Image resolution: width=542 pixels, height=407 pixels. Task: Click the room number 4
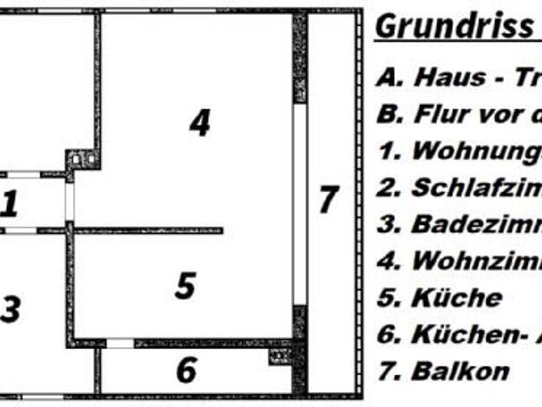click(200, 123)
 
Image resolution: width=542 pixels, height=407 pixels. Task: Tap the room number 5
click(184, 286)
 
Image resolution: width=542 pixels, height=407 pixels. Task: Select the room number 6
click(186, 370)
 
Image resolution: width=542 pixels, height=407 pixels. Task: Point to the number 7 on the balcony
click(327, 200)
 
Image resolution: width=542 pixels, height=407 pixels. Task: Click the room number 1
click(10, 204)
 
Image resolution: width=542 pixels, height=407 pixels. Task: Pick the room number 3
click(10, 309)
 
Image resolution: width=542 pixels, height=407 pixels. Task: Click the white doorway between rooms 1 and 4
click(69, 200)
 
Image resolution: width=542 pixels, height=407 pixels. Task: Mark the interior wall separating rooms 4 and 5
click(147, 230)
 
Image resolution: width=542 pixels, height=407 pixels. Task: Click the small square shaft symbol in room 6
click(279, 355)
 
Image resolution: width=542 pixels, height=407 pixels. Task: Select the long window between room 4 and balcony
click(300, 203)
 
